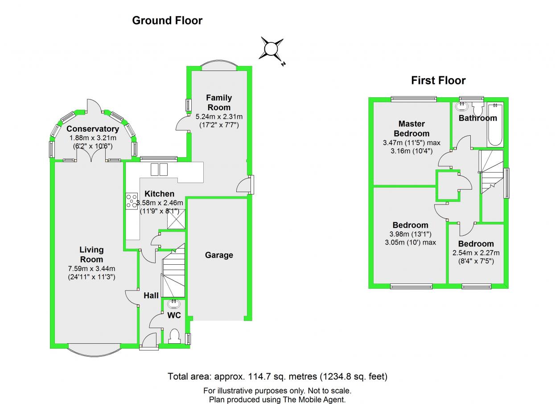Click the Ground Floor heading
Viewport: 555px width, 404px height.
pyautogui.click(x=167, y=21)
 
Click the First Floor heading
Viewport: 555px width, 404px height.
pyautogui.click(x=438, y=81)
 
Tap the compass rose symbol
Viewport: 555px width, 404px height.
pyautogui.click(x=271, y=49)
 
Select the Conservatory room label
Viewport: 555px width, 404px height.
pyautogui.click(x=93, y=129)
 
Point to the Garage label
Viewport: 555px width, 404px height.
pyautogui.click(x=219, y=255)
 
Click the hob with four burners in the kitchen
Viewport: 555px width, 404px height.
pyautogui.click(x=132, y=201)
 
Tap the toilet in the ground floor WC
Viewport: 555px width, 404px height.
pyautogui.click(x=174, y=336)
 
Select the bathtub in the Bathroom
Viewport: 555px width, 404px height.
pyautogui.click(x=495, y=125)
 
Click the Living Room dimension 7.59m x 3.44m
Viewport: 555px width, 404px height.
pyautogui.click(x=92, y=268)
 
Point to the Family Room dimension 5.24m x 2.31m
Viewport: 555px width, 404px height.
pyautogui.click(x=219, y=117)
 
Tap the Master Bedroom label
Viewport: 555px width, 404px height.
pyautogui.click(x=411, y=129)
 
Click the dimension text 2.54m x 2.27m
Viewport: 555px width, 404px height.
pyautogui.click(x=476, y=253)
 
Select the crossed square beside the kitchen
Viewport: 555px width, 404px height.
pyautogui.click(x=176, y=219)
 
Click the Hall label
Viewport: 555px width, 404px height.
pyautogui.click(x=151, y=296)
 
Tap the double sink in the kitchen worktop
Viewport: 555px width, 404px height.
pyautogui.click(x=159, y=170)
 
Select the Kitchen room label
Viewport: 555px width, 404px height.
pyautogui.click(x=160, y=194)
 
